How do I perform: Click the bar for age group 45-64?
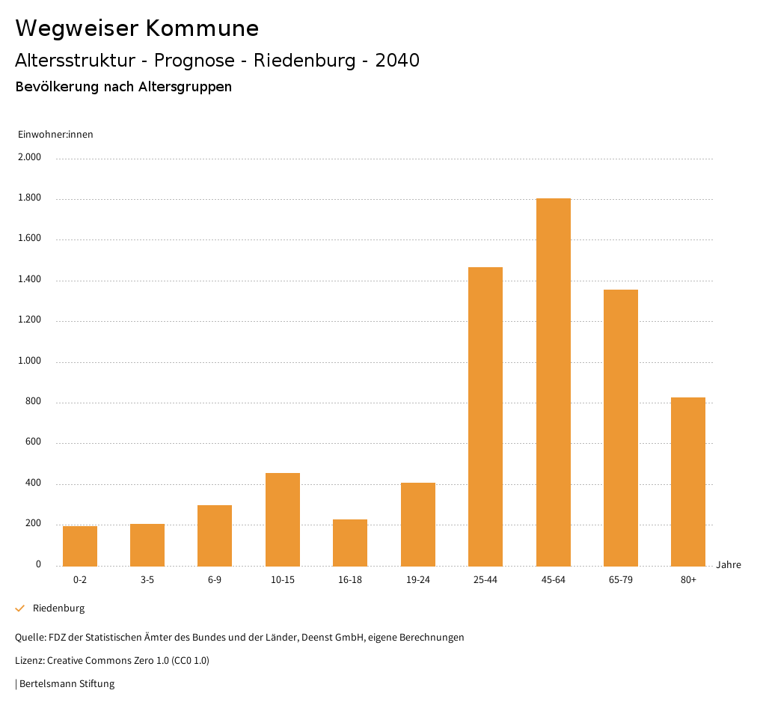553,382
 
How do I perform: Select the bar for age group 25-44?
485,416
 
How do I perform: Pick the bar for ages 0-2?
80,546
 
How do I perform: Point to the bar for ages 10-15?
283,519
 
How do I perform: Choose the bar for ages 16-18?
350,543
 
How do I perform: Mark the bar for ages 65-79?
621,427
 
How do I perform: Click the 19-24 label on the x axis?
418,580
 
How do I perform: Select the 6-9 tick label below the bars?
215,580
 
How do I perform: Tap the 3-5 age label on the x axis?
147,580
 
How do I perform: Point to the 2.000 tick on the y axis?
30,158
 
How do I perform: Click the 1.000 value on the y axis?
30,361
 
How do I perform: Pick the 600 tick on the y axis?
33,442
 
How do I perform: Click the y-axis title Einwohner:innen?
55,135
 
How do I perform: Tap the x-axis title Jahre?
729,565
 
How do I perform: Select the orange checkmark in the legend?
20,608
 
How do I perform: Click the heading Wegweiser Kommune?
137,28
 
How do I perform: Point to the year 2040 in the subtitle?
397,61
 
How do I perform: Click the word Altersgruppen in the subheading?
185,87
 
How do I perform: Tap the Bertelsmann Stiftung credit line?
66,683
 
